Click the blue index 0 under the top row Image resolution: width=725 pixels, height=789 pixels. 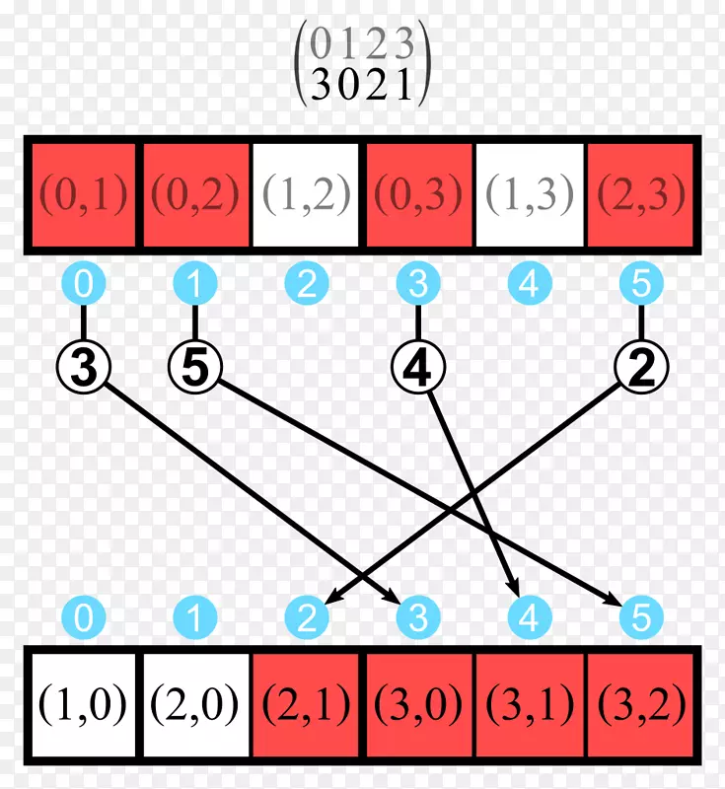[84, 286]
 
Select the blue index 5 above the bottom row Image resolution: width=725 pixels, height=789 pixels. [641, 619]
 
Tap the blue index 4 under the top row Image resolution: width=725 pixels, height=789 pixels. [530, 286]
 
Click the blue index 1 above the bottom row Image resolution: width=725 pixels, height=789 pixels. [195, 619]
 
